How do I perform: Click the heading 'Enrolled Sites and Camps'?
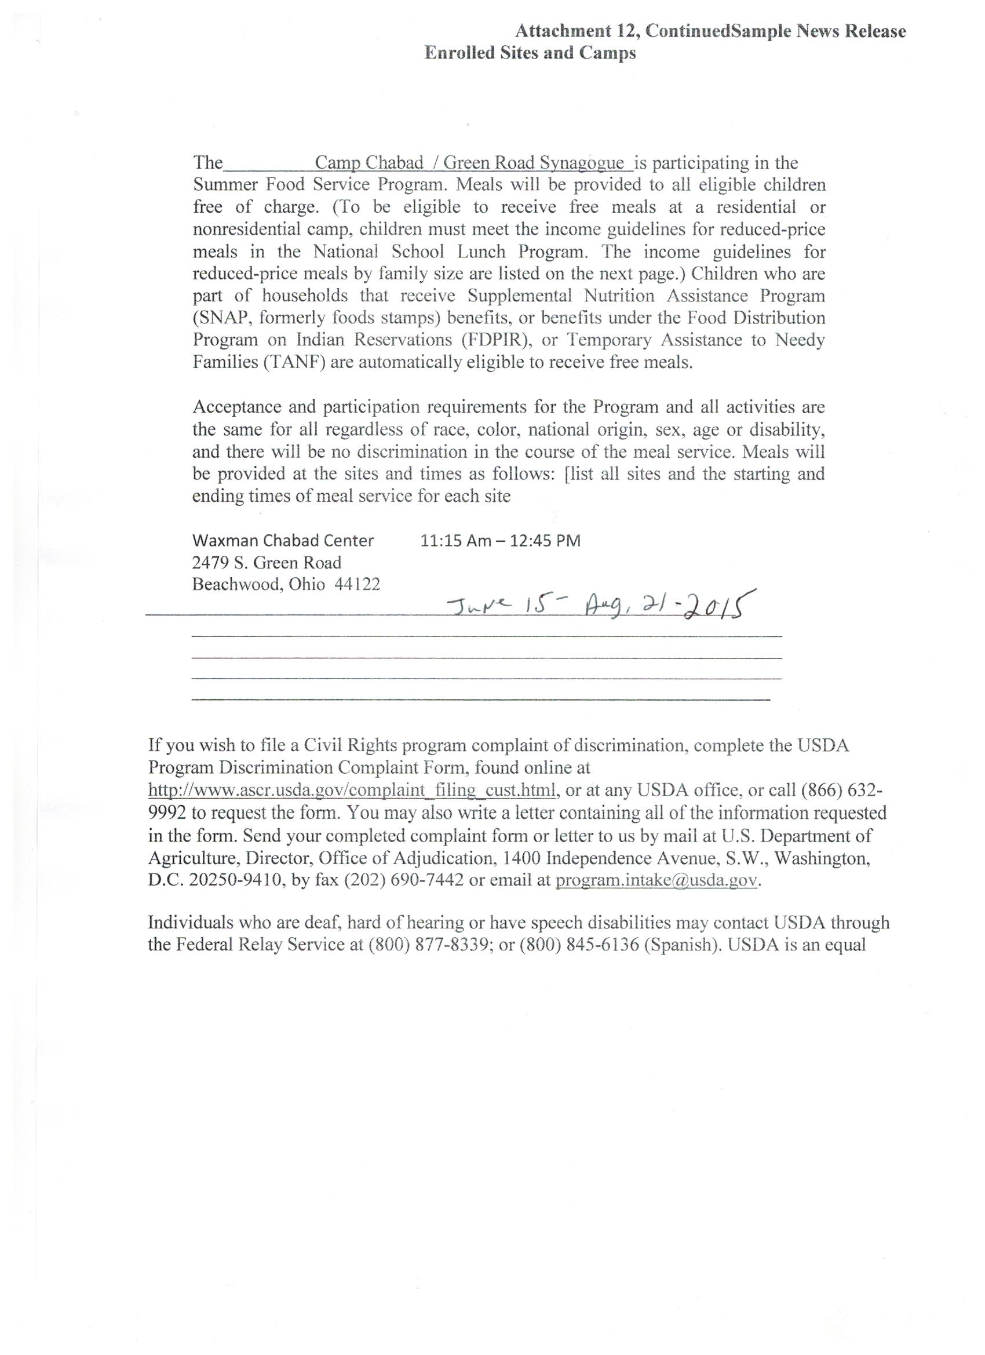coord(530,53)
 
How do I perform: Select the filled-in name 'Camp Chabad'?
coord(369,162)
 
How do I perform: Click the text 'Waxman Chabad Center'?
coord(283,541)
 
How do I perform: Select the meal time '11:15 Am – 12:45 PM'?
coord(500,541)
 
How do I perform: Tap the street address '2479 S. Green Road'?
coord(267,562)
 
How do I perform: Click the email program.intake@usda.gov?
coord(656,880)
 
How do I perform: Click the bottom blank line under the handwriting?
coord(481,698)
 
